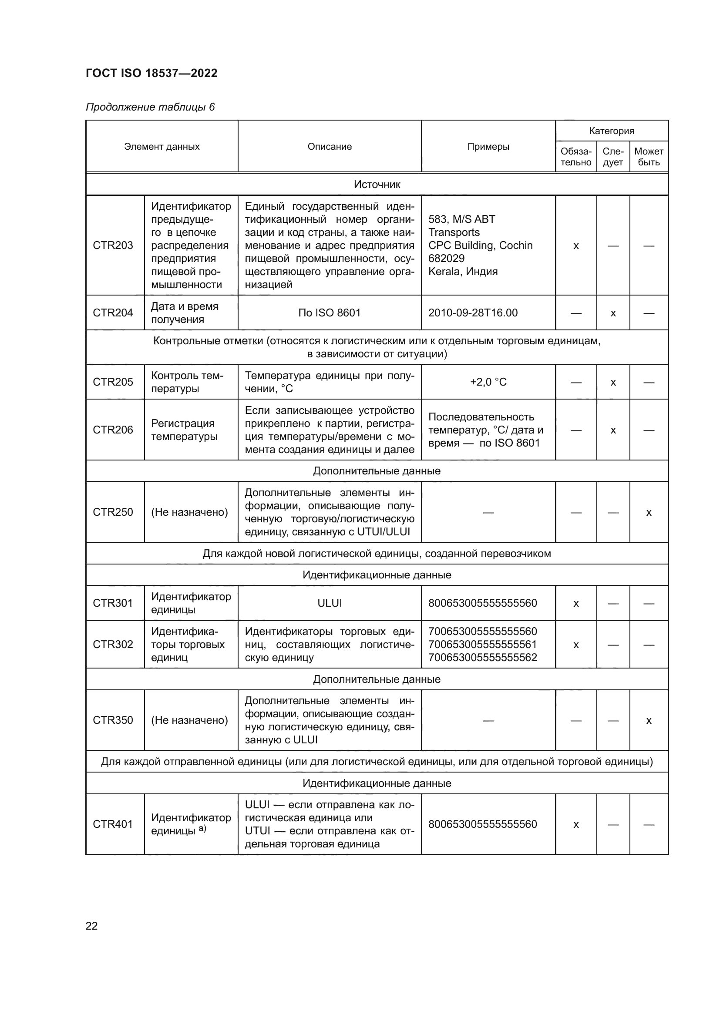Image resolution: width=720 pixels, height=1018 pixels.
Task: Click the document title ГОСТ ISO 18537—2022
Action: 151,73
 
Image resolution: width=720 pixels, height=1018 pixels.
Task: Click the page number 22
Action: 91,926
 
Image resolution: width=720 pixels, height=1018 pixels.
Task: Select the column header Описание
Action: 330,147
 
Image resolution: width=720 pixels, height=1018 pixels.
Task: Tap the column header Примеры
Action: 488,147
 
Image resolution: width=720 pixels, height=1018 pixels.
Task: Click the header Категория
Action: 611,131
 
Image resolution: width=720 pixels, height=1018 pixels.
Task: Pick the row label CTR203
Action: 113,245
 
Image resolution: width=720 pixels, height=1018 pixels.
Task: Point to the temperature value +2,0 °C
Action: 488,382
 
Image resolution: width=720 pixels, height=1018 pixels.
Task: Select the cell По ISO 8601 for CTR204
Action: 330,313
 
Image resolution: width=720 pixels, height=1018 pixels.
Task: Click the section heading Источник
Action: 377,185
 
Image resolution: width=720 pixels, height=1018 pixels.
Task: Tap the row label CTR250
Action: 113,512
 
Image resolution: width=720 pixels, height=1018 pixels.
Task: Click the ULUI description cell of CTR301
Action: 330,603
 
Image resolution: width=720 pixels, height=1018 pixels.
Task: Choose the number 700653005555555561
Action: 482,644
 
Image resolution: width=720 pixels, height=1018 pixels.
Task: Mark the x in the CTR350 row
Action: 649,720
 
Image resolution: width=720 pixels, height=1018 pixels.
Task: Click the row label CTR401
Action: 113,824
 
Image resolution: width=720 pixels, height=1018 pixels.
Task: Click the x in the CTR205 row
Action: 613,382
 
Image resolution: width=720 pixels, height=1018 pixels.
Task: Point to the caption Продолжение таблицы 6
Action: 150,107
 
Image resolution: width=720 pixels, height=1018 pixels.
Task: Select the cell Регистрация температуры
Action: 184,430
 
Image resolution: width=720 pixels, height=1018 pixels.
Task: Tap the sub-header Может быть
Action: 649,157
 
